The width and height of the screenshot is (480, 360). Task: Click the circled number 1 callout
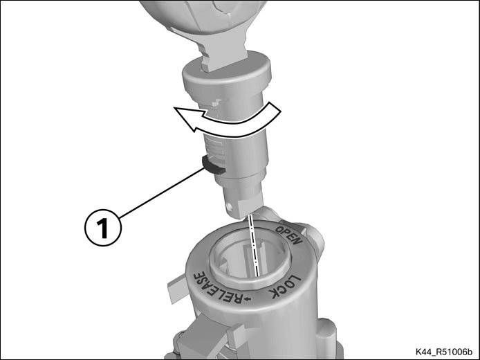pos(103,227)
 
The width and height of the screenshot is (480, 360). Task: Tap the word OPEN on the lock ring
pos(289,235)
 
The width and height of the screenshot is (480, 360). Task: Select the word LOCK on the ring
pos(285,287)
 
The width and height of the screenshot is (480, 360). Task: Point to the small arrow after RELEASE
pos(248,298)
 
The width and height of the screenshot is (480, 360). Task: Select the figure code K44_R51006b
pos(444,351)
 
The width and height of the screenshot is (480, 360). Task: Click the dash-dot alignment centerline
pos(254,244)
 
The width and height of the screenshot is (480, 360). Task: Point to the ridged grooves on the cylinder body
pos(214,147)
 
